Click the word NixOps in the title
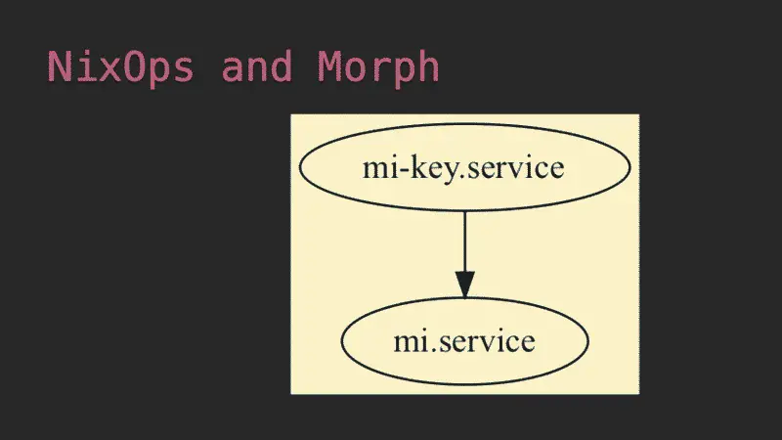pyautogui.click(x=120, y=66)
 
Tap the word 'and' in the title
pyautogui.click(x=256, y=66)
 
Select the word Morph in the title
pyautogui.click(x=378, y=66)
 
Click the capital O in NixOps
pyautogui.click(x=133, y=66)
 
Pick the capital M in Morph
pyautogui.click(x=329, y=66)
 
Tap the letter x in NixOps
pyautogui.click(x=109, y=70)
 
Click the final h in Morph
pyautogui.click(x=428, y=66)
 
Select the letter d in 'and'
pyautogui.click(x=281, y=66)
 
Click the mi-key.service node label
pyautogui.click(x=463, y=168)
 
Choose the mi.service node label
pyautogui.click(x=464, y=341)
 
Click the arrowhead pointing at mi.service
pyautogui.click(x=465, y=285)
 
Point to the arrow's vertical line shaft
pyautogui.click(x=465, y=242)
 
